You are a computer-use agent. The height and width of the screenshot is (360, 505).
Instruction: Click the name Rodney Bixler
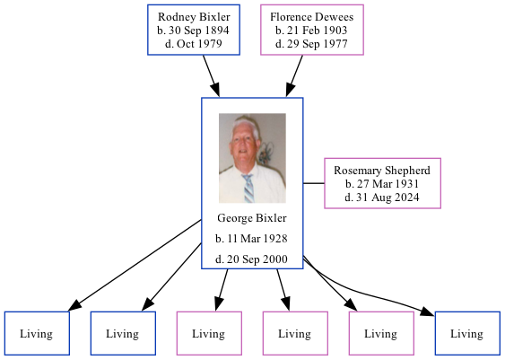(193, 17)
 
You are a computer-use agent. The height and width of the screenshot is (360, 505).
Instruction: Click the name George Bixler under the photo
(251, 218)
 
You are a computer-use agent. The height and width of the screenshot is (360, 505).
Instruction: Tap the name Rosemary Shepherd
(381, 171)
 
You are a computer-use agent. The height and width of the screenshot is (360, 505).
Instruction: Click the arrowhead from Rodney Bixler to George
(215, 89)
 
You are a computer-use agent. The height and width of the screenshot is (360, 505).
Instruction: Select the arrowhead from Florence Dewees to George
(291, 89)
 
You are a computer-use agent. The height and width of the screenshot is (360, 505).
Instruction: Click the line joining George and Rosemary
(313, 183)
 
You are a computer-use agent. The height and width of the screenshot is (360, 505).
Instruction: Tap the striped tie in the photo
(248, 188)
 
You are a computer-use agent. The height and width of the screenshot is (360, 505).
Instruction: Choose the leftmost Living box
(36, 334)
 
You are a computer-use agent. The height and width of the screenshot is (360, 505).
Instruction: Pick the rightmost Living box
(466, 334)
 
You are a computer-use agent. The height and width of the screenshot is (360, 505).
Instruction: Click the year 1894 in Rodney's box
(214, 31)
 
